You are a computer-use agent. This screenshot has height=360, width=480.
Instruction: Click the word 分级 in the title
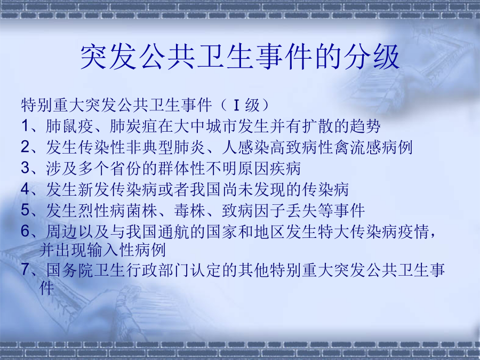pos(371,57)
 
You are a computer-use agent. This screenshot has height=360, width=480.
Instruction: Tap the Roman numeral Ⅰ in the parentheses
pos(236,105)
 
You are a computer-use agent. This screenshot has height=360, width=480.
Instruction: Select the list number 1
pos(26,126)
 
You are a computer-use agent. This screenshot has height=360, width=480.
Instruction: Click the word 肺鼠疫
pos(69,126)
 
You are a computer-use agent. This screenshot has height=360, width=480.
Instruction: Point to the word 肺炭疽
pos(133,126)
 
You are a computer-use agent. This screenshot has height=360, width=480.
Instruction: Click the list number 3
pos(26,168)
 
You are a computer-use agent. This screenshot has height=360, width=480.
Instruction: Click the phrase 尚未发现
pos(253,189)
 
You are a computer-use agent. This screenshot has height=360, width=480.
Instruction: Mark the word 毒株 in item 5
pos(189,210)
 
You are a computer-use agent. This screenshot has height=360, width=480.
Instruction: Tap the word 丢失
pos(301,210)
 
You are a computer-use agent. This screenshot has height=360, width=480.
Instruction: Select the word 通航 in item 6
pos(173,231)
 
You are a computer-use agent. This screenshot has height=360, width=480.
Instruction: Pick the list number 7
pos(26,270)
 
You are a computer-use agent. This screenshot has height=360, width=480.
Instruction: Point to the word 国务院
pos(69,270)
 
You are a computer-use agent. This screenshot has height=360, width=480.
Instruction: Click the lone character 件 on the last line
pos(46,288)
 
